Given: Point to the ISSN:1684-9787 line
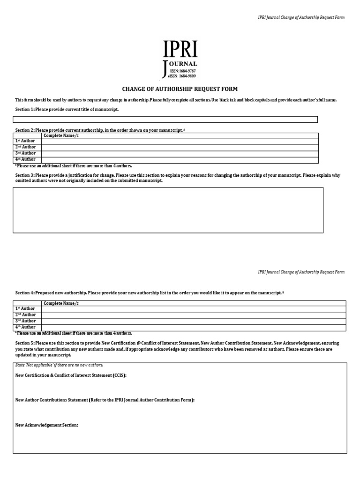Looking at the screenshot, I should pyautogui.click(x=187, y=70).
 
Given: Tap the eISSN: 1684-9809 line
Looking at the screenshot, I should pyautogui.click(x=186, y=75).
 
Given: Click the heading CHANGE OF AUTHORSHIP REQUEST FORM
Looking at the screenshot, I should pyautogui.click(x=180, y=89).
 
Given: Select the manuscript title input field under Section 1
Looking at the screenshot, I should pyautogui.click(x=166, y=120).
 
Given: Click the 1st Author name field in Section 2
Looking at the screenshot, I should pyautogui.click(x=180, y=141).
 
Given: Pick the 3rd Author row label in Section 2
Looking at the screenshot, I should pyautogui.click(x=26, y=153).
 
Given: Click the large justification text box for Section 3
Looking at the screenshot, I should pyautogui.click(x=168, y=210).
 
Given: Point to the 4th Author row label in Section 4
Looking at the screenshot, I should pyautogui.click(x=26, y=327).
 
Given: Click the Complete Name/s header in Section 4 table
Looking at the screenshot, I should pyautogui.click(x=61, y=303).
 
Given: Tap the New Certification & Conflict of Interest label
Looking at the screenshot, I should pyautogui.click(x=71, y=375).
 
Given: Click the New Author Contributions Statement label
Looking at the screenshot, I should pyautogui.click(x=105, y=400).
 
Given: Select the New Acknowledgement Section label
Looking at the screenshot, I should pyautogui.click(x=47, y=425).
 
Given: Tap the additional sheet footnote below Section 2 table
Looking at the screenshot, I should pyautogui.click(x=74, y=165).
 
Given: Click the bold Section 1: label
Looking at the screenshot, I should pyautogui.click(x=25, y=109).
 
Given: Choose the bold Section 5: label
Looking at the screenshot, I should pyautogui.click(x=25, y=343).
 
